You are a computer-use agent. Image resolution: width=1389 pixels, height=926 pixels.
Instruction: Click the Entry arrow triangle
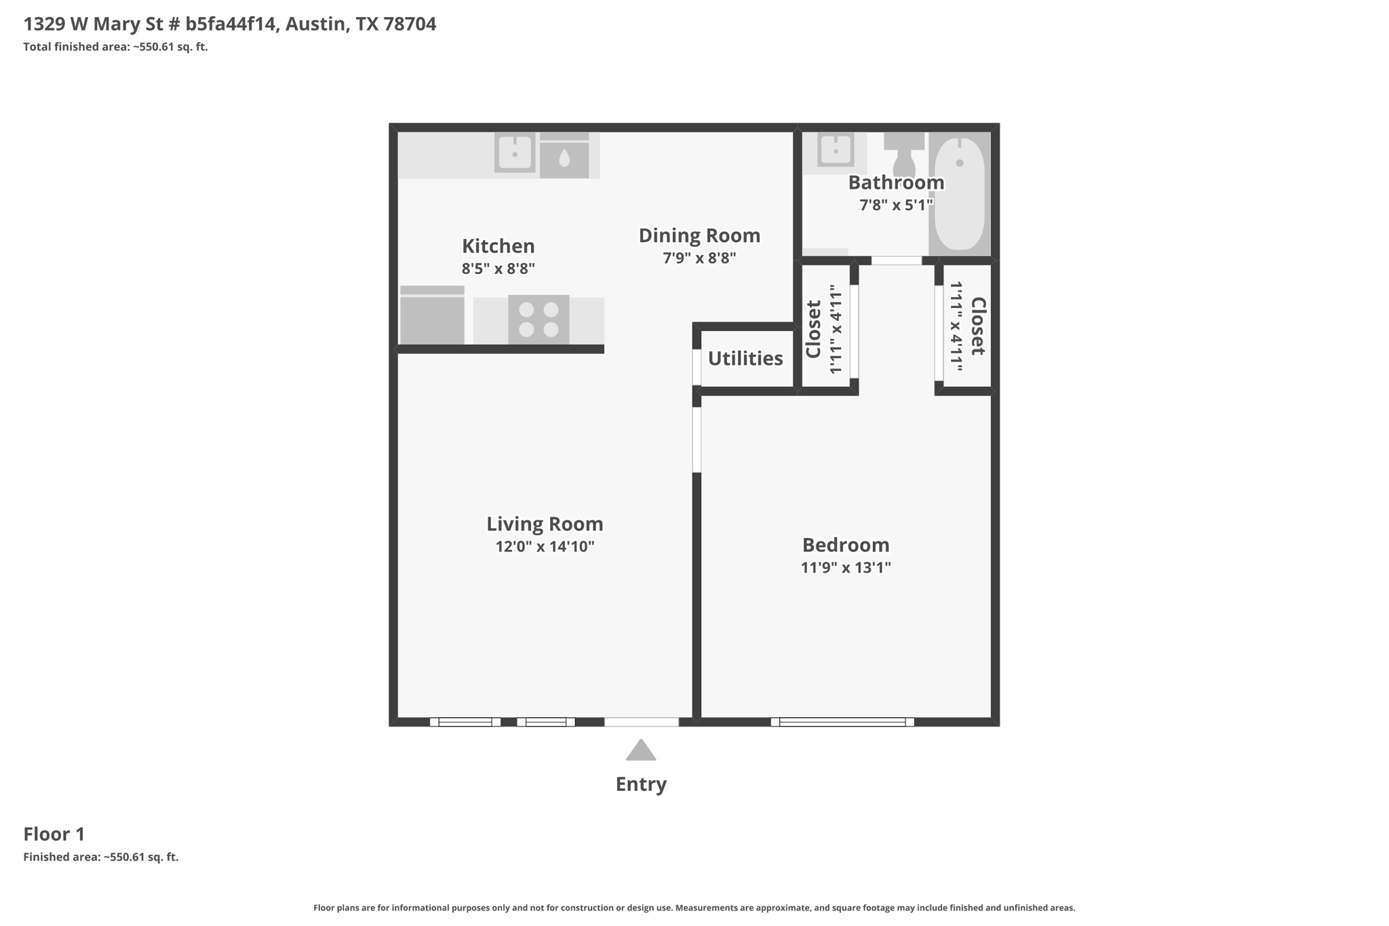(x=641, y=750)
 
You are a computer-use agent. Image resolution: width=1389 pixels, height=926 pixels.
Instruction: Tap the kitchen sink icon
(x=515, y=153)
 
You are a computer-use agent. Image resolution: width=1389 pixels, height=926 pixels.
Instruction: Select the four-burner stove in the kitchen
(x=539, y=320)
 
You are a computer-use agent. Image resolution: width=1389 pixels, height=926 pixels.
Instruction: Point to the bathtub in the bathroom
(x=960, y=193)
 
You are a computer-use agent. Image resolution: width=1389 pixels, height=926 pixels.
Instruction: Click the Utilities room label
(x=745, y=358)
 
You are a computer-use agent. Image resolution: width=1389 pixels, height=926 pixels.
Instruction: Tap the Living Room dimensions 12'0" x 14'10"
(x=545, y=547)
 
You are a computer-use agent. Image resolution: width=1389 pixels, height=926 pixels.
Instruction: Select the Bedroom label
(x=846, y=545)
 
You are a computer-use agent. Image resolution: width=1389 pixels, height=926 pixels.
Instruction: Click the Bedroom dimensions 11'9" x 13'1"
(x=846, y=567)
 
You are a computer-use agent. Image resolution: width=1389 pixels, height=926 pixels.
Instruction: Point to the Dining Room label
(x=699, y=235)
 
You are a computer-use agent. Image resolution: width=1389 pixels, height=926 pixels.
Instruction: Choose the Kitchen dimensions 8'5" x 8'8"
(x=498, y=269)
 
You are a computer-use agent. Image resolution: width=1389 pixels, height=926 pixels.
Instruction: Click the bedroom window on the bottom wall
(x=842, y=722)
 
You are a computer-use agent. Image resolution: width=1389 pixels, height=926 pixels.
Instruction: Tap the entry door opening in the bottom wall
(x=642, y=722)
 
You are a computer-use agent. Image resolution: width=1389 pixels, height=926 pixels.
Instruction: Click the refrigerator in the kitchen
(x=432, y=315)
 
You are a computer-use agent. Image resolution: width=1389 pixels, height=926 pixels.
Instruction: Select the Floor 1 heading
(x=54, y=834)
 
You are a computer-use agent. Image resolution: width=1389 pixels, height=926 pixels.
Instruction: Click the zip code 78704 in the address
(x=410, y=24)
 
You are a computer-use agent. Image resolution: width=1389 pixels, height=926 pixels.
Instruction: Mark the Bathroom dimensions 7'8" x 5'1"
(x=896, y=205)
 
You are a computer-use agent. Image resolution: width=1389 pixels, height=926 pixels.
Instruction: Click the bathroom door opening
(x=897, y=261)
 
